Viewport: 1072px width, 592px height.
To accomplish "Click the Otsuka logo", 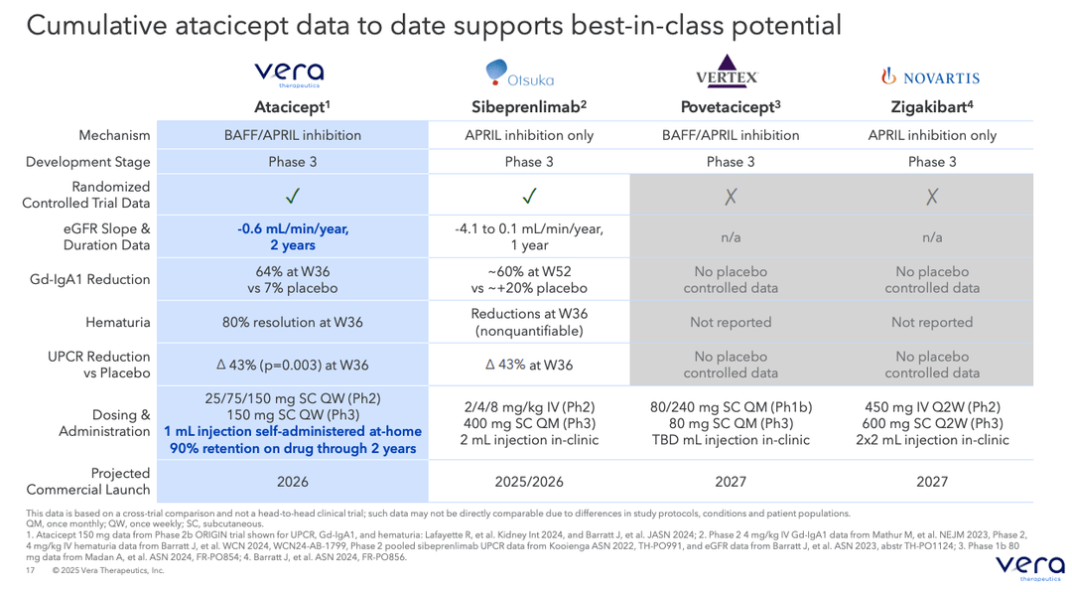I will [x=520, y=74].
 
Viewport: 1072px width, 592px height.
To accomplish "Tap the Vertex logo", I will [x=727, y=73].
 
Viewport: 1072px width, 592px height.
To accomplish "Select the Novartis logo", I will [x=931, y=76].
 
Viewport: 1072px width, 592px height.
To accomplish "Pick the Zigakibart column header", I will [x=930, y=106].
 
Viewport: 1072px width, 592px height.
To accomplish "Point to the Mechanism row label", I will [x=115, y=135].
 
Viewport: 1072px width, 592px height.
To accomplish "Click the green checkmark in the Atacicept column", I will [x=293, y=197].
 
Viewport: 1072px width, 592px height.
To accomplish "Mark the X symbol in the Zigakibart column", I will [x=932, y=197].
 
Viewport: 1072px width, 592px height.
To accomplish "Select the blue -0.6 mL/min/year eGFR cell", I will [x=293, y=236].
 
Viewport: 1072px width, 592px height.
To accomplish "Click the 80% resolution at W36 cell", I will [x=293, y=322].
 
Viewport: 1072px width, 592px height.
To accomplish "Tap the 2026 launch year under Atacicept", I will [x=293, y=482].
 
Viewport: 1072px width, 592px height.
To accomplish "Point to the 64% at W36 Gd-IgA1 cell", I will [x=293, y=279].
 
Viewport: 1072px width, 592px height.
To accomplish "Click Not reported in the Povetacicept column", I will [x=731, y=322].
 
